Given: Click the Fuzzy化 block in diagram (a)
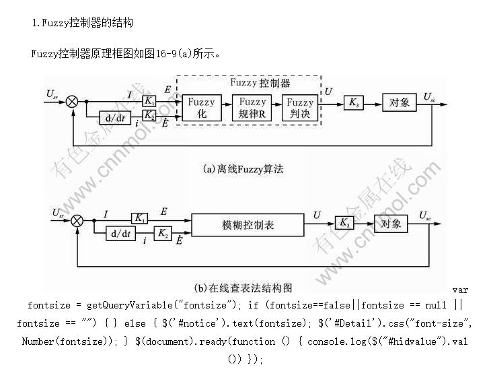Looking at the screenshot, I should tap(201, 108).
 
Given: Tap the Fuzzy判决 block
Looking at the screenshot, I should tap(300, 108).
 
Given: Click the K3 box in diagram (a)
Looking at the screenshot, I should tap(353, 102).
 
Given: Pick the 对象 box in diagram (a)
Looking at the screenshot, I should tap(399, 102).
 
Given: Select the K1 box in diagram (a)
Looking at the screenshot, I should tap(149, 100).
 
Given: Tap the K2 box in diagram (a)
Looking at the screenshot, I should tap(149, 114).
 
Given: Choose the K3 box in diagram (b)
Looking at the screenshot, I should tap(344, 222).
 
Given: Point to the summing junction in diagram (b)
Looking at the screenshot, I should tap(77, 220).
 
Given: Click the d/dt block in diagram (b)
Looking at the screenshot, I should tap(120, 233).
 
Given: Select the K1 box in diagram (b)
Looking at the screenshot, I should tap(140, 218).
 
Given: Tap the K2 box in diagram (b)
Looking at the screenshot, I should tap(163, 233).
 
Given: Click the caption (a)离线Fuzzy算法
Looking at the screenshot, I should tap(243, 169).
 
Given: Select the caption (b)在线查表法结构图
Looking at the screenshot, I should tap(243, 288).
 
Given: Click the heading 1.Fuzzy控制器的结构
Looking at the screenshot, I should tap(83, 23).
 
